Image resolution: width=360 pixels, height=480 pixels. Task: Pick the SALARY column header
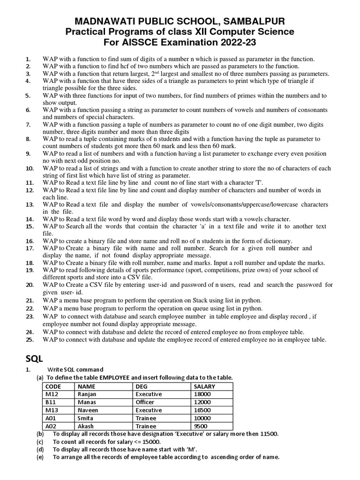click(x=204, y=386)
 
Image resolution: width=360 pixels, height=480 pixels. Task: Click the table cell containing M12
click(x=49, y=394)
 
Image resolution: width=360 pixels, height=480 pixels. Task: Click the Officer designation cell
click(x=145, y=402)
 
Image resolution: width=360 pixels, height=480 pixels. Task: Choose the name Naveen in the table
click(x=88, y=410)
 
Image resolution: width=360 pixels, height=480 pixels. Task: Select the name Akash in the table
click(x=86, y=426)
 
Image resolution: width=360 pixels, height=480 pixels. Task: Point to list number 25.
click(x=29, y=339)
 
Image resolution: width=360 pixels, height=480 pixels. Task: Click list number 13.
click(x=29, y=205)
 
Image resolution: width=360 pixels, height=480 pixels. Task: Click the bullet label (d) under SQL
click(x=40, y=450)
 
